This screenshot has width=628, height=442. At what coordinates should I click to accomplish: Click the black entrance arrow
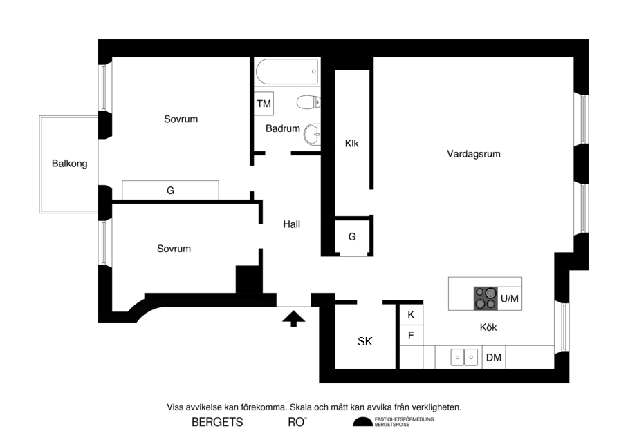(x=294, y=318)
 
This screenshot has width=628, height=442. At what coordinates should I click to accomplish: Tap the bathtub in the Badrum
(x=287, y=72)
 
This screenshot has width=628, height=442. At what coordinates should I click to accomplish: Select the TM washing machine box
(x=264, y=104)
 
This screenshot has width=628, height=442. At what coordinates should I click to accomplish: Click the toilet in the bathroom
(x=308, y=103)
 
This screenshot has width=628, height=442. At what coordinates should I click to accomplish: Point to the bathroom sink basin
(x=313, y=134)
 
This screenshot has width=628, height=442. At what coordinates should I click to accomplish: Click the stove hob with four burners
(x=486, y=298)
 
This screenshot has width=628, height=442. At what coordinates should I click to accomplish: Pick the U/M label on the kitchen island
(x=510, y=298)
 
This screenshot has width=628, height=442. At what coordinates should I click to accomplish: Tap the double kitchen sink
(x=463, y=357)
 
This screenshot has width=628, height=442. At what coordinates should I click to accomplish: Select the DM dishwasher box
(x=493, y=357)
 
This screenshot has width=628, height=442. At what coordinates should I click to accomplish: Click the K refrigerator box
(x=411, y=314)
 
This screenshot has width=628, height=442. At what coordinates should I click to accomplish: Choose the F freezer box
(x=411, y=336)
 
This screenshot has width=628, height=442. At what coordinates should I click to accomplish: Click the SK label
(x=365, y=341)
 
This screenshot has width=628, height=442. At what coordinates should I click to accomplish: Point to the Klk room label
(x=352, y=144)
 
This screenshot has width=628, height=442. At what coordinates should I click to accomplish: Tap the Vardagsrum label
(x=473, y=154)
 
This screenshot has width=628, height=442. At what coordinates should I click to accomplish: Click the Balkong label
(x=70, y=164)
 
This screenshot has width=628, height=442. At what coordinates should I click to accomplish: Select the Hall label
(x=291, y=224)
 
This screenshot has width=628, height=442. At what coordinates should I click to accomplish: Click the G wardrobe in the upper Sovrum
(x=170, y=191)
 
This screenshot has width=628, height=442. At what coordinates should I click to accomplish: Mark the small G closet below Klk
(x=352, y=237)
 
